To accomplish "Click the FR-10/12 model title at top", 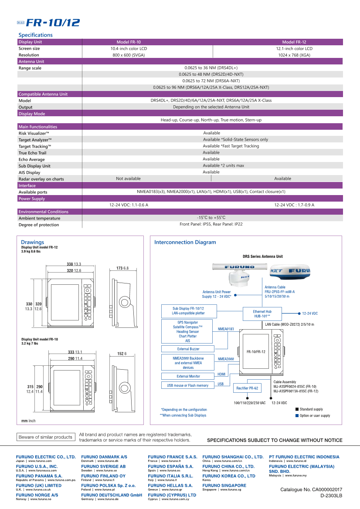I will click(53, 23).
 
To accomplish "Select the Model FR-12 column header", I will click(294, 42).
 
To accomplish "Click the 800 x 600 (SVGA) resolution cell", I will click(129, 55).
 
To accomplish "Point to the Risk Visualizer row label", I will click(34, 133).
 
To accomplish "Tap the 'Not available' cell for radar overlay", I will click(128, 179).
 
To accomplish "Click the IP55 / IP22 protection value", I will click(211, 224).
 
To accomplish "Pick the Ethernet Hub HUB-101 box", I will click(262, 313).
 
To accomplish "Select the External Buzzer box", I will click(189, 349).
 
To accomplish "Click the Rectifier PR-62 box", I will click(247, 388).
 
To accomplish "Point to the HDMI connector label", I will click(221, 374).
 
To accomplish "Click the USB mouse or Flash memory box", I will click(187, 385).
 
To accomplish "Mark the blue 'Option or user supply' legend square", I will click(297, 415).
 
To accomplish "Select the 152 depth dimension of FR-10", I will click(121, 354).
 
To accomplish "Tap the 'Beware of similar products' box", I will click(45, 437).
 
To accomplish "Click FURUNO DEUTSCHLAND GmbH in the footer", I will click(112, 495).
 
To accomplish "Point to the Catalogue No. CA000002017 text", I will click(311, 490).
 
